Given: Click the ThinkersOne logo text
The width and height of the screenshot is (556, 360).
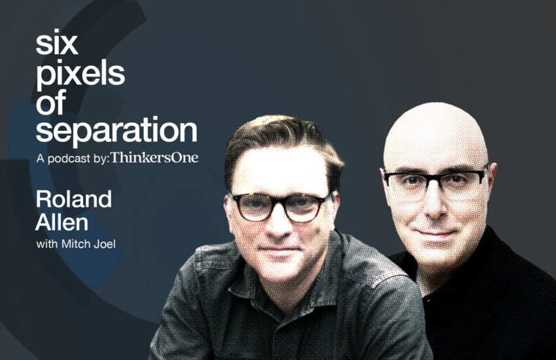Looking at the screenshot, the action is point(154,158).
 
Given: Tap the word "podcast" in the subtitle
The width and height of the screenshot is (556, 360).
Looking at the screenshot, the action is point(69,158).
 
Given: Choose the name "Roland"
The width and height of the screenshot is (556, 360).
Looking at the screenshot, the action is point(74,200).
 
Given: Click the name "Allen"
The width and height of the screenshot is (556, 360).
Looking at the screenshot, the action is point(61,223).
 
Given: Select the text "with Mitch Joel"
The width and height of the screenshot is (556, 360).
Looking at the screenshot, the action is point(76,244).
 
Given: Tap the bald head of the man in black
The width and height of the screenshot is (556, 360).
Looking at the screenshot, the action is point(436,135).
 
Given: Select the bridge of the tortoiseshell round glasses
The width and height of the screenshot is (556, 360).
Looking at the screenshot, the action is point(278,204).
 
